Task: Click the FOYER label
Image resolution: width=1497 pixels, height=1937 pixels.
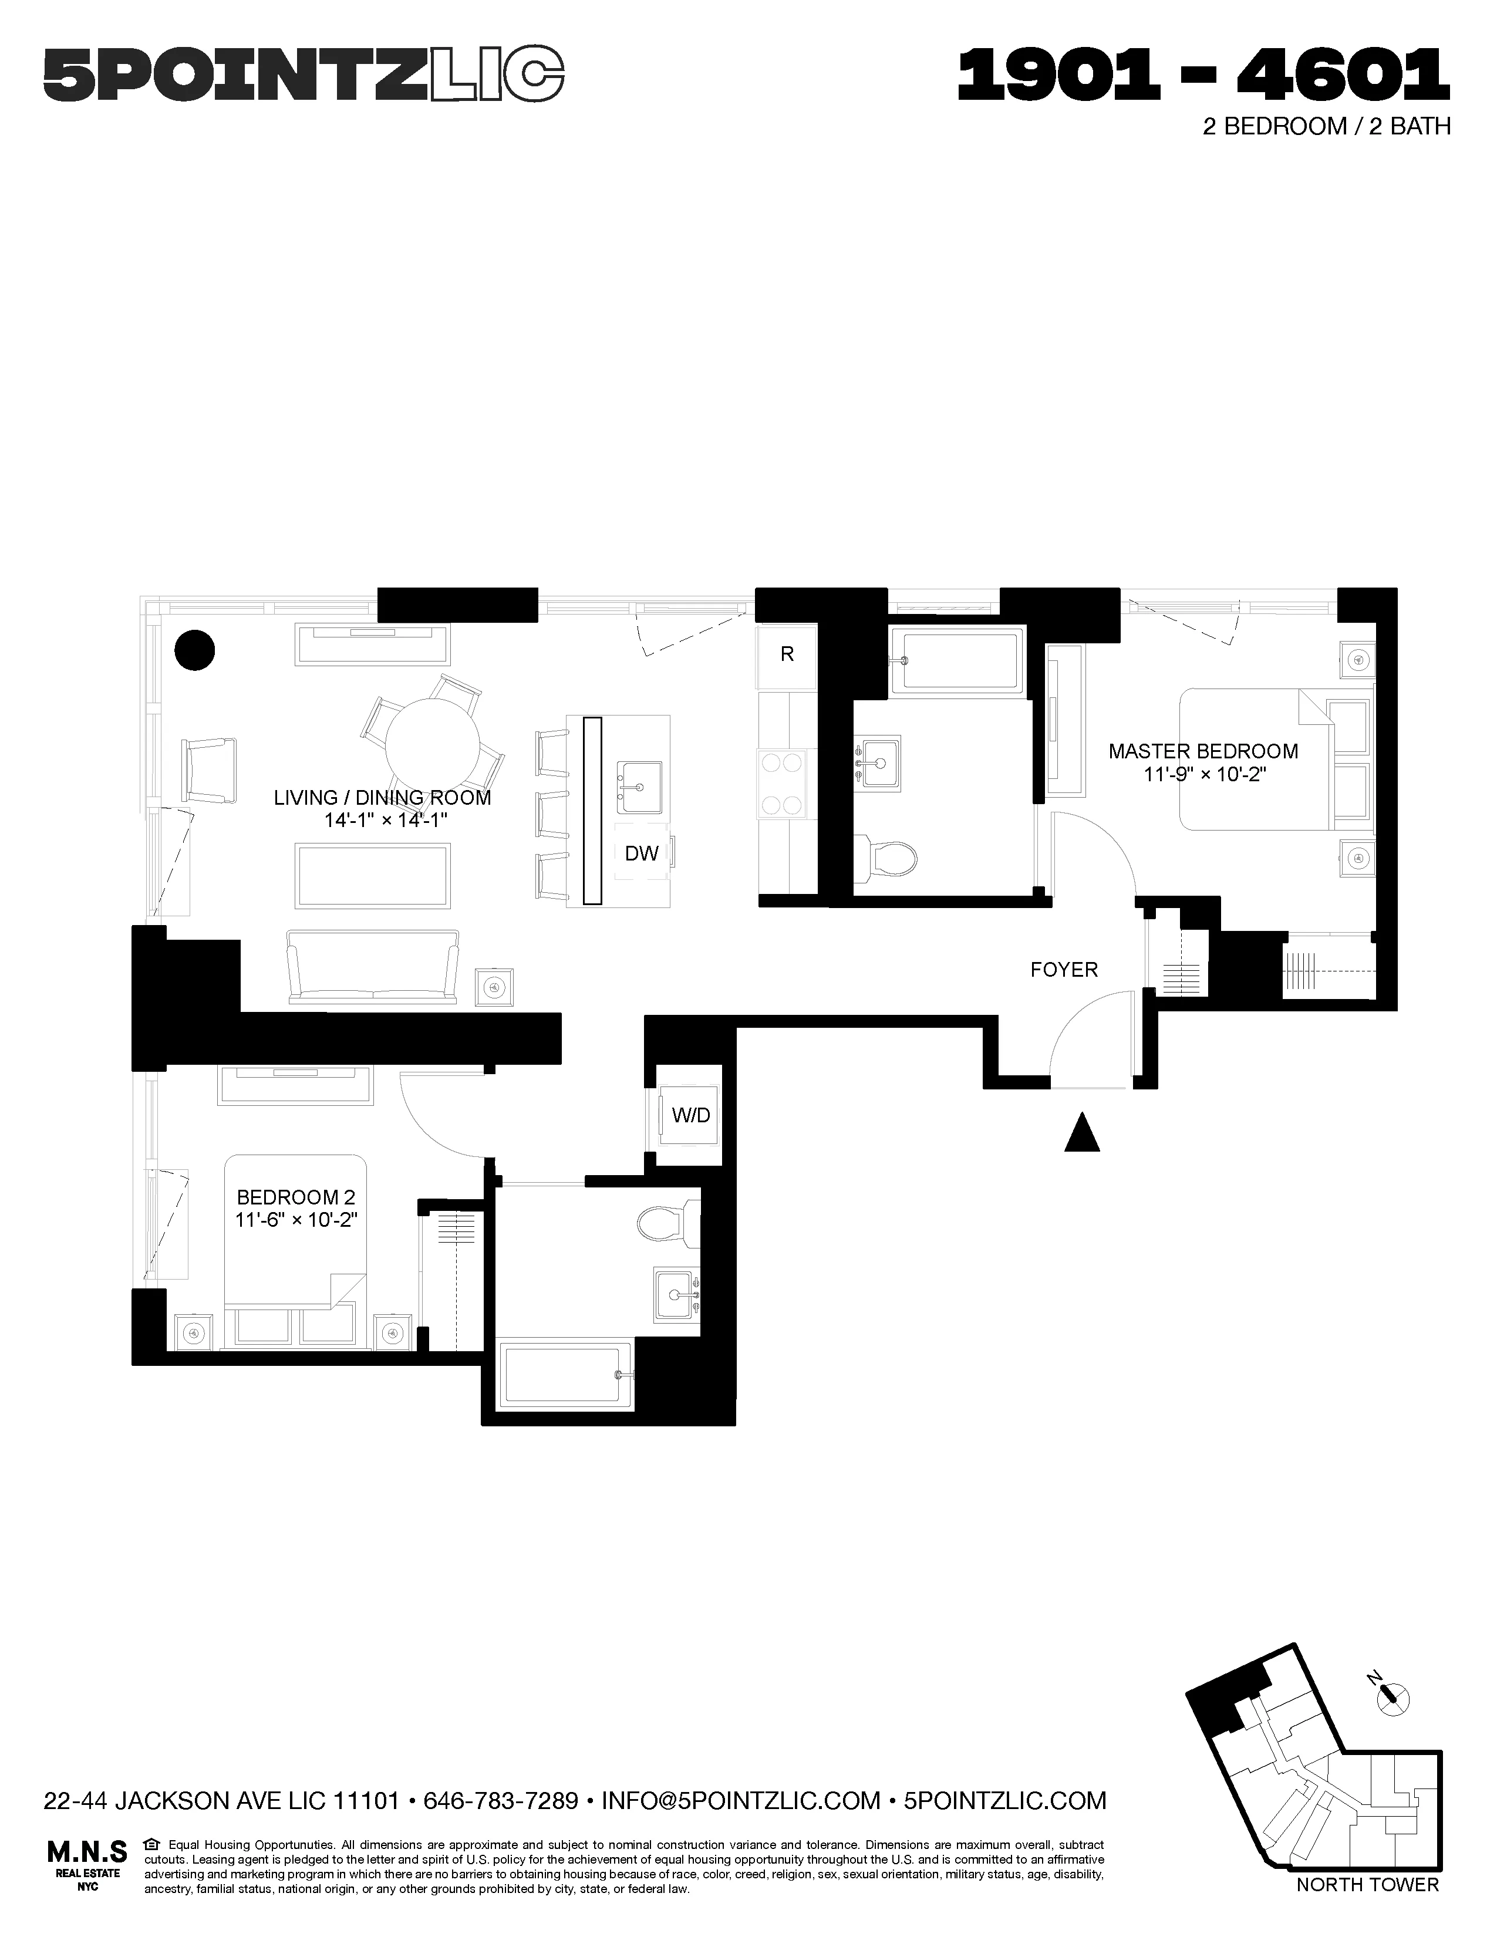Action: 1063,970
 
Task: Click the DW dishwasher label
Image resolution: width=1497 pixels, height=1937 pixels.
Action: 641,853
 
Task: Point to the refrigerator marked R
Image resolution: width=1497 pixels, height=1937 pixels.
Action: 785,654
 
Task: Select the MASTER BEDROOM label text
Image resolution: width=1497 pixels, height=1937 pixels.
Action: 1202,751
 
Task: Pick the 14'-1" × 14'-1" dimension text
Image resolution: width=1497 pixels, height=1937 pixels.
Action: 385,821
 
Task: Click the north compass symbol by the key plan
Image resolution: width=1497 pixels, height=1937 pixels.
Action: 1390,1696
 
